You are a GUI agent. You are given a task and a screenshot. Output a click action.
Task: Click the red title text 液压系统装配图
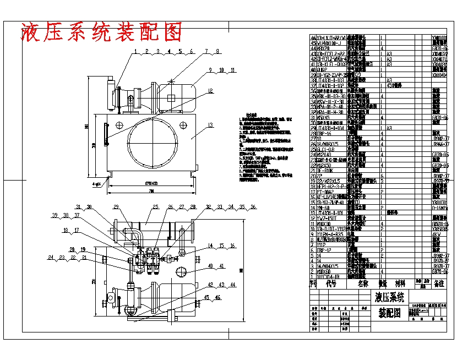pyautogui.click(x=101, y=32)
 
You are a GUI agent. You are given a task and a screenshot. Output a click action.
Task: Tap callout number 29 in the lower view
pyautogui.click(x=116, y=207)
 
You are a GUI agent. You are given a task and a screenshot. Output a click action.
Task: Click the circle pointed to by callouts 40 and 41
pyautogui.click(x=182, y=272)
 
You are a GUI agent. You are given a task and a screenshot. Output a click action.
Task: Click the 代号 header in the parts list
pyautogui.click(x=331, y=283)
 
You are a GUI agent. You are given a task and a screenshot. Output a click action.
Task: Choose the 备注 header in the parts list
pyautogui.click(x=439, y=283)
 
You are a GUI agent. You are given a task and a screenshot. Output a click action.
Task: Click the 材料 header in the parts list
pyautogui.click(x=400, y=283)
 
